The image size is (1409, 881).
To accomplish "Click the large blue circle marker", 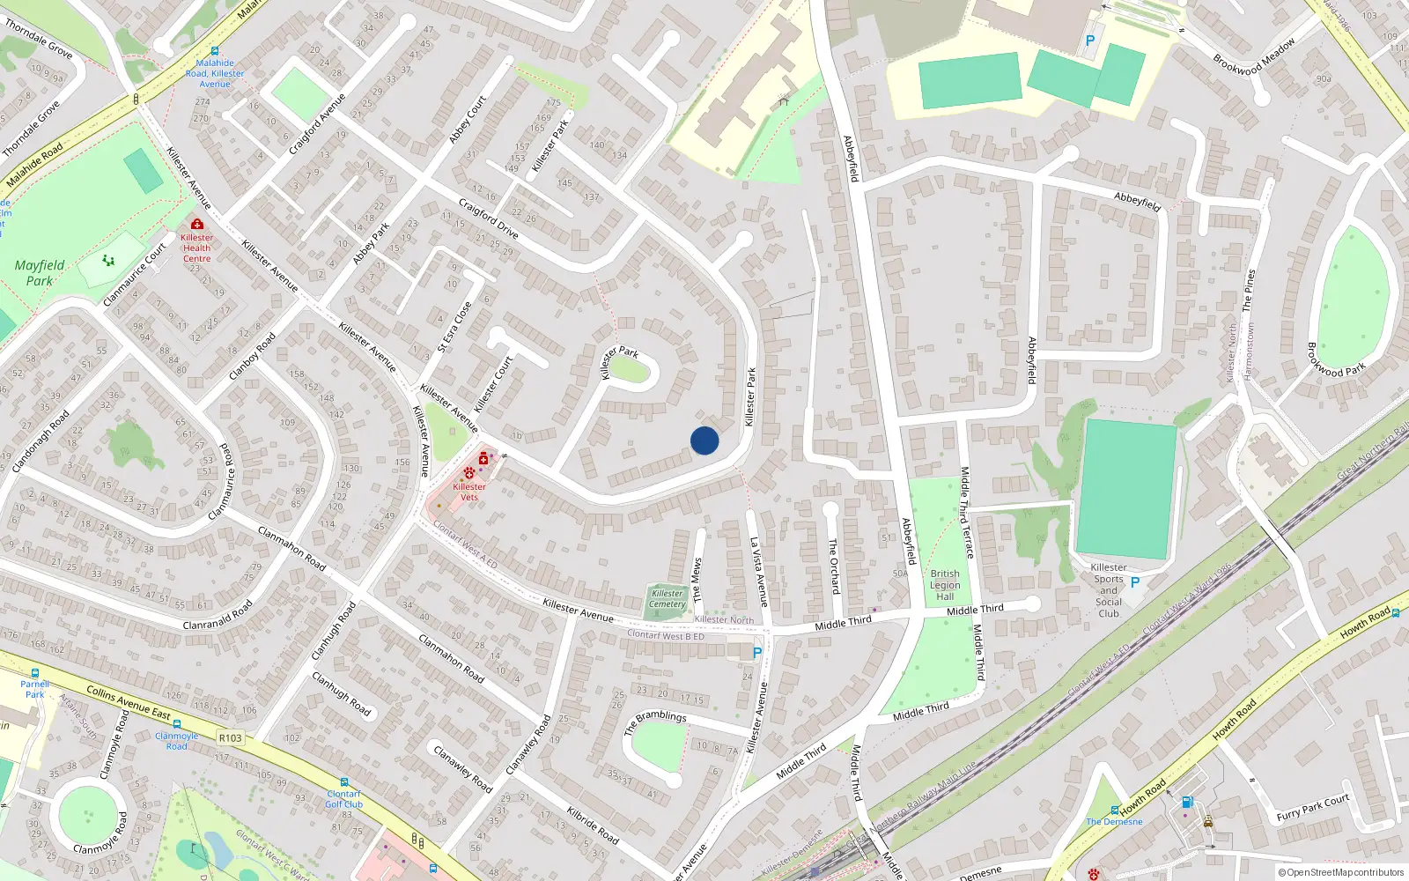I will pos(704,440).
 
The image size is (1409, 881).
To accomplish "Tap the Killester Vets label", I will pos(469,492).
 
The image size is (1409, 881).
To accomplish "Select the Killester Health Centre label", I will pos(196,248).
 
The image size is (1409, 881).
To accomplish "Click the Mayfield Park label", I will pos(40,272).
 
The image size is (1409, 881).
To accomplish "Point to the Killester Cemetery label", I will pos(668,599).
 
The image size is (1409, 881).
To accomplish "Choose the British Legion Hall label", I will pos(945,585).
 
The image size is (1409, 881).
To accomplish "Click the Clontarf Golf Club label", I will pos(343,799).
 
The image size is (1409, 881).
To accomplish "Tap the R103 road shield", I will pos(231,738).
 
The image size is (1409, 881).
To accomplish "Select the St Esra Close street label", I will pos(454,328).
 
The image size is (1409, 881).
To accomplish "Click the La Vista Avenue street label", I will pos(758,573).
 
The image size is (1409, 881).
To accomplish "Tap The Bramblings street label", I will pos(655,722).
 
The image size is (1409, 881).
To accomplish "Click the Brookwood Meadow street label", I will pos(1254,56).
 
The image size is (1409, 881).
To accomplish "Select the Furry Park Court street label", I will pos(1312,807).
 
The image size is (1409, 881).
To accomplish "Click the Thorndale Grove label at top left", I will pos(39,38).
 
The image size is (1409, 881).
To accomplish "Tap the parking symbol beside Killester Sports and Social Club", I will pos(1135,582).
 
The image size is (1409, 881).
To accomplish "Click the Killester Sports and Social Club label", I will pos(1109,590).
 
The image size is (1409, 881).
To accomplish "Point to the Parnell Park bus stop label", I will pos(35,689).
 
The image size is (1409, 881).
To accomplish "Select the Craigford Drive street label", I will pos(489,219).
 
